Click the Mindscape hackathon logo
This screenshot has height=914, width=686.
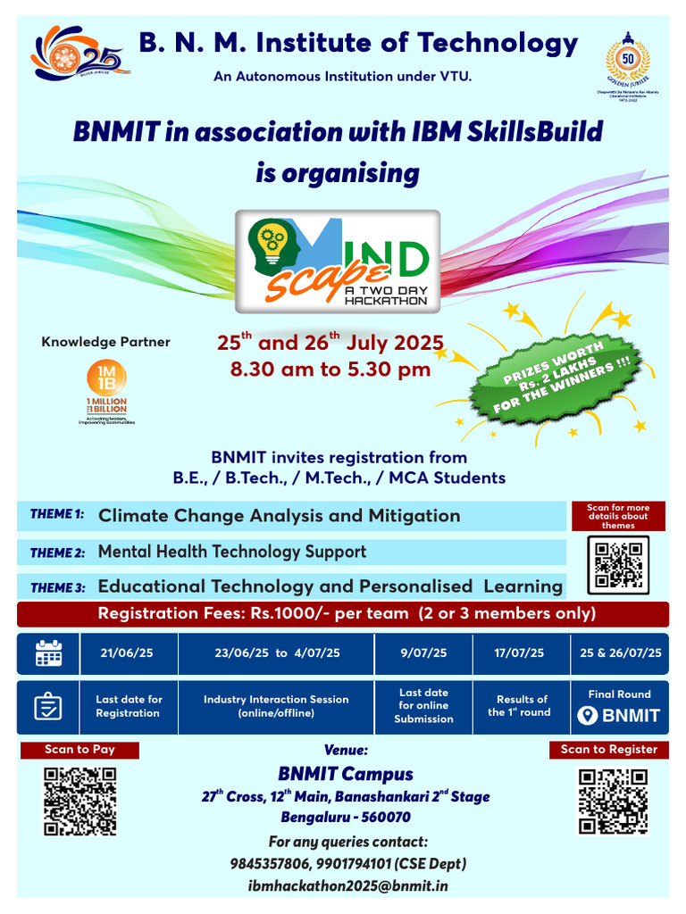[338, 261]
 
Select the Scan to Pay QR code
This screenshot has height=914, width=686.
[80, 801]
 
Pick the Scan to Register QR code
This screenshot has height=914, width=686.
[612, 801]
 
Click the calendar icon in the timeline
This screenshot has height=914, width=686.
[48, 653]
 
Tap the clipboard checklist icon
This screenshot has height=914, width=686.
[48, 706]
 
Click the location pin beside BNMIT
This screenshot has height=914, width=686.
[587, 715]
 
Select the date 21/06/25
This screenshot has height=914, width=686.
[129, 653]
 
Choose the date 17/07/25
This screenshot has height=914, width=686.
[519, 653]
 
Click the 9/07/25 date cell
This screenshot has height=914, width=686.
[423, 653]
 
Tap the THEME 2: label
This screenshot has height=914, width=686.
[57, 553]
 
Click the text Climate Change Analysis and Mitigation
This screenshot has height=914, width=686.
[279, 516]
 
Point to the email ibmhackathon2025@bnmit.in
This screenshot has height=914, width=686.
[347, 885]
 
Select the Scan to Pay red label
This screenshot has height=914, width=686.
[79, 750]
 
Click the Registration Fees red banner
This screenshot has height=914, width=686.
[342, 614]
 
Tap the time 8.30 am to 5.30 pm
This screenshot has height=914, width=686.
[330, 370]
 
